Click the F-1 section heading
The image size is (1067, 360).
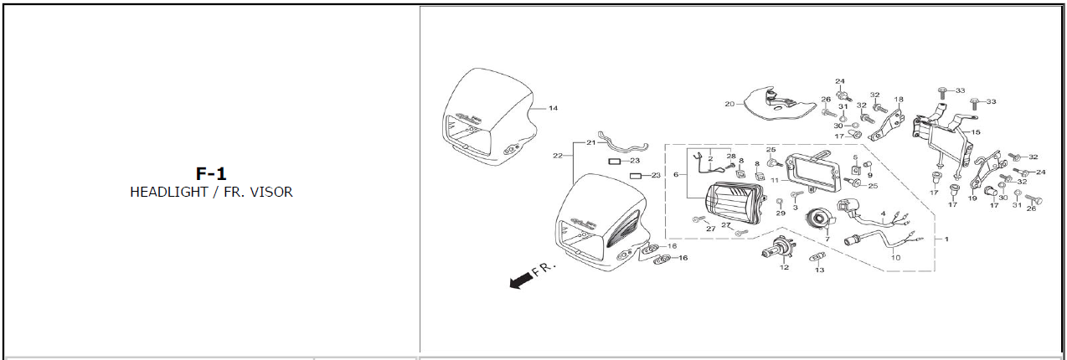(x=211, y=174)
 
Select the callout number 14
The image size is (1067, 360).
(x=553, y=109)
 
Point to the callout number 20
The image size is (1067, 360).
(x=729, y=104)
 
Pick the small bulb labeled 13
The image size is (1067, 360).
(x=818, y=258)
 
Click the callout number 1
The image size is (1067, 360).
(x=946, y=239)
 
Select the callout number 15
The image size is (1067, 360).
(x=976, y=132)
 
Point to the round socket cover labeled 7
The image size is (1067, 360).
(x=820, y=219)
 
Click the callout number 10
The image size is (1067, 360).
(x=896, y=258)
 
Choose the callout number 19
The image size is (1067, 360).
(x=972, y=198)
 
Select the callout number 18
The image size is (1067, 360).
(x=899, y=100)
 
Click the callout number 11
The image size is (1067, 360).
(x=775, y=181)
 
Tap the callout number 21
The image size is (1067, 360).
(x=591, y=142)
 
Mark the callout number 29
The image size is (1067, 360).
(x=781, y=213)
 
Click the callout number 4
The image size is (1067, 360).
(x=883, y=213)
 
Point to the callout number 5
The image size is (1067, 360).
(x=855, y=157)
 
